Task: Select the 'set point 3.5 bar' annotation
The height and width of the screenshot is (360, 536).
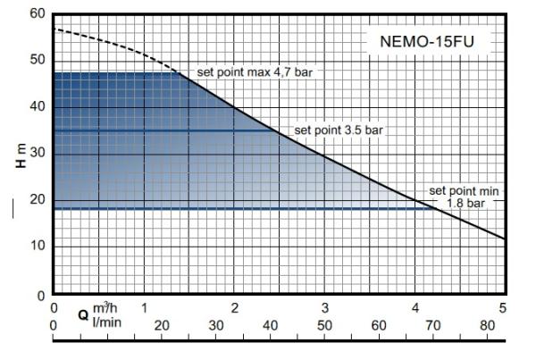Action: coord(339,130)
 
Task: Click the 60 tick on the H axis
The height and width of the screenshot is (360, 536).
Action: coord(36,15)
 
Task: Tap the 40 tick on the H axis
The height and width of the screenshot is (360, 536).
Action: coord(36,108)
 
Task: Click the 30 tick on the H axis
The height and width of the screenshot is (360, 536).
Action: coord(36,155)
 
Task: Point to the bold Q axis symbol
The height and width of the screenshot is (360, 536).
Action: coord(82,314)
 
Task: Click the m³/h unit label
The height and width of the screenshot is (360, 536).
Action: coord(104,308)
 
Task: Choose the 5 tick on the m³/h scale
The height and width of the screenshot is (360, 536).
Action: coord(503,308)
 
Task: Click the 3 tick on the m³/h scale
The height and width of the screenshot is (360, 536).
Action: coord(324,308)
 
